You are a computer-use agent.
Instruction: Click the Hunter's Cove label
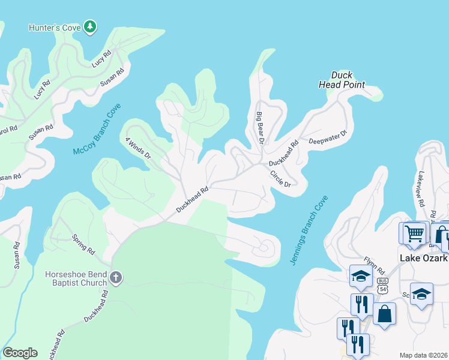pos(55,27)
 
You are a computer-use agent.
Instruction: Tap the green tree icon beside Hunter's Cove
pos(90,26)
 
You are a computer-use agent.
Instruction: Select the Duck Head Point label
pos(341,80)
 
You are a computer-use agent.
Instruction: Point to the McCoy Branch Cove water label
pos(97,129)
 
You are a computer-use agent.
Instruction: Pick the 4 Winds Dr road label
pos(137,147)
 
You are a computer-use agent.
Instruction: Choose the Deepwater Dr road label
pos(328,138)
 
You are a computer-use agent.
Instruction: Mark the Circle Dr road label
pos(280,179)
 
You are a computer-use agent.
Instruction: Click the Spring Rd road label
pos(83,243)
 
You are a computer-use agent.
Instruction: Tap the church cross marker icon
pos(116,278)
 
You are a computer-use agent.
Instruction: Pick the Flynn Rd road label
pos(373,267)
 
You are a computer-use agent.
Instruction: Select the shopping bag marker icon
pos(384,313)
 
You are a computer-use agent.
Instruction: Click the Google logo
pos(20,353)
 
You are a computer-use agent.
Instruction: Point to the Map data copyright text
pos(424,355)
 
